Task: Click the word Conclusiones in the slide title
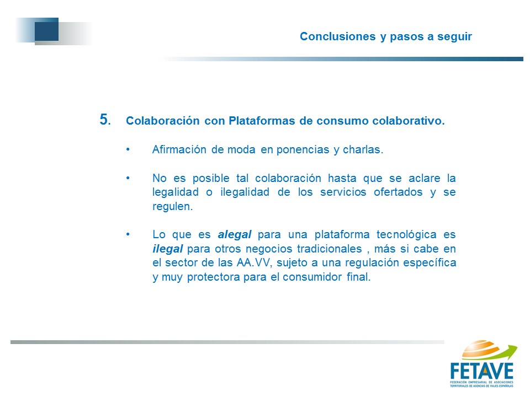[x=338, y=36]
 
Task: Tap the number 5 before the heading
[x=104, y=120]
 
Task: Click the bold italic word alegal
[x=234, y=235]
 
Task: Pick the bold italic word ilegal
[x=168, y=249]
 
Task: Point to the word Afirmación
[x=179, y=149]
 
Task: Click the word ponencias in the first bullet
[x=303, y=150]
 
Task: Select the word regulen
[x=172, y=207]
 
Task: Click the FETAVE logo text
[x=482, y=371]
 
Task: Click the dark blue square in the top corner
[x=46, y=29]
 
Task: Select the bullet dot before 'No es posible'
[x=128, y=178]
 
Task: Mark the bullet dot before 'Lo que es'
[x=128, y=234]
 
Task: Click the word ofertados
[x=398, y=192]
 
